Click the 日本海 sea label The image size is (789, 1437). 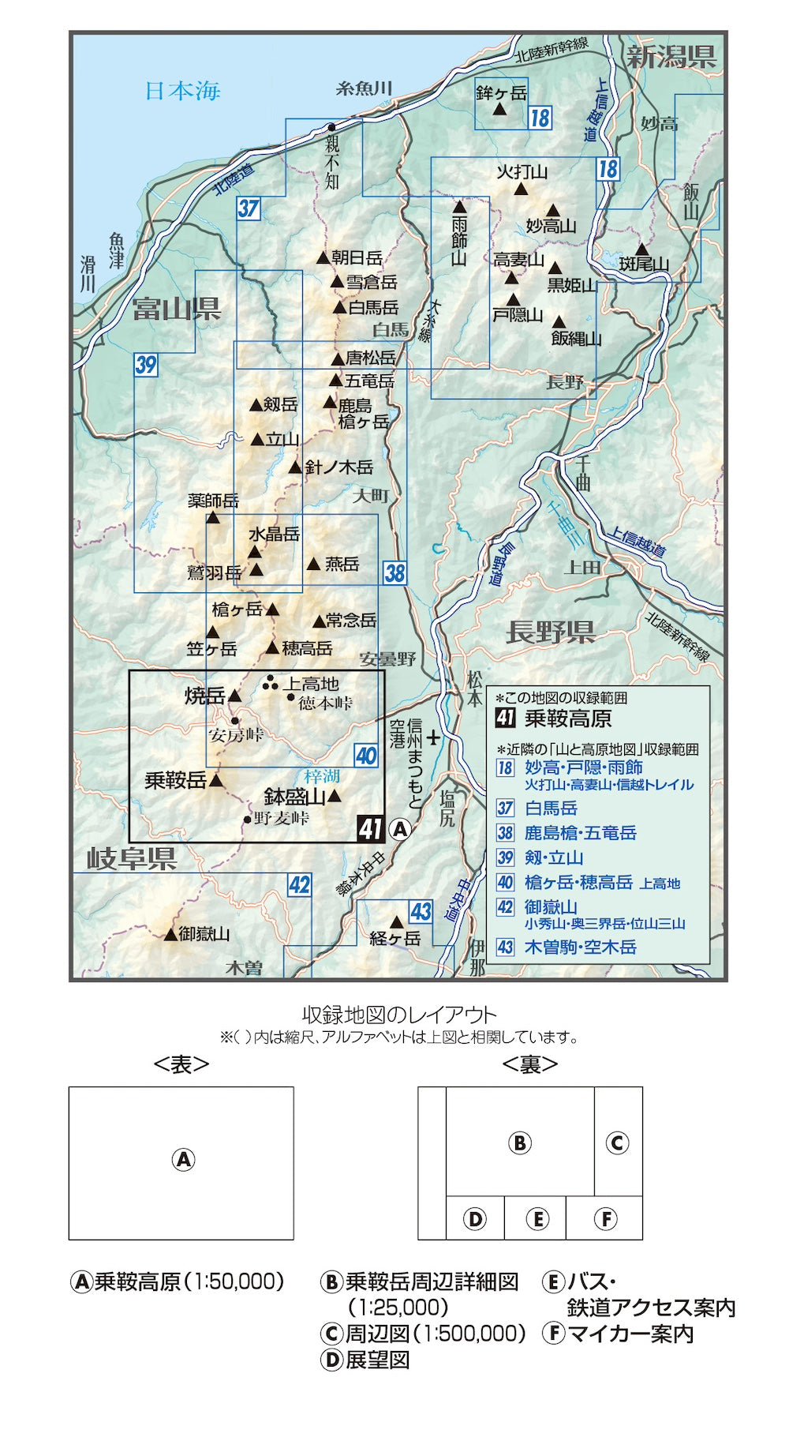[x=182, y=91]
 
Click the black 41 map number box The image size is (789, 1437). [x=369, y=828]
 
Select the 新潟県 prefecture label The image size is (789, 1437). [x=671, y=57]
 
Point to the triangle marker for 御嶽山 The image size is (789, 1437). [x=171, y=934]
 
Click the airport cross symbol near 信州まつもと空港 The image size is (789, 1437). [x=433, y=739]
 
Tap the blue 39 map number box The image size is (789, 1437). [x=146, y=365]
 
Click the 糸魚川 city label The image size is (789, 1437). [x=364, y=88]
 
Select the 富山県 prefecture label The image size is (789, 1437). [x=176, y=309]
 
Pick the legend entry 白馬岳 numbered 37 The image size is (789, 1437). [x=551, y=808]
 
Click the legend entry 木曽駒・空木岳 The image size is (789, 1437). [x=580, y=947]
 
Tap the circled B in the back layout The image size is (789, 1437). [x=519, y=1142]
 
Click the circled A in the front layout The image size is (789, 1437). [x=182, y=1159]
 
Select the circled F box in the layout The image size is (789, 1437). [x=605, y=1218]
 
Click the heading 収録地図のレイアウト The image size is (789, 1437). [x=399, y=1015]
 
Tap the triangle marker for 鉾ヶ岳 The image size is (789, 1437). [x=499, y=110]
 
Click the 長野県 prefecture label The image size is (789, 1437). [x=550, y=632]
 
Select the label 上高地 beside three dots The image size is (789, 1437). [x=311, y=684]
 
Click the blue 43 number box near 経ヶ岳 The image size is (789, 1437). [x=421, y=912]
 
